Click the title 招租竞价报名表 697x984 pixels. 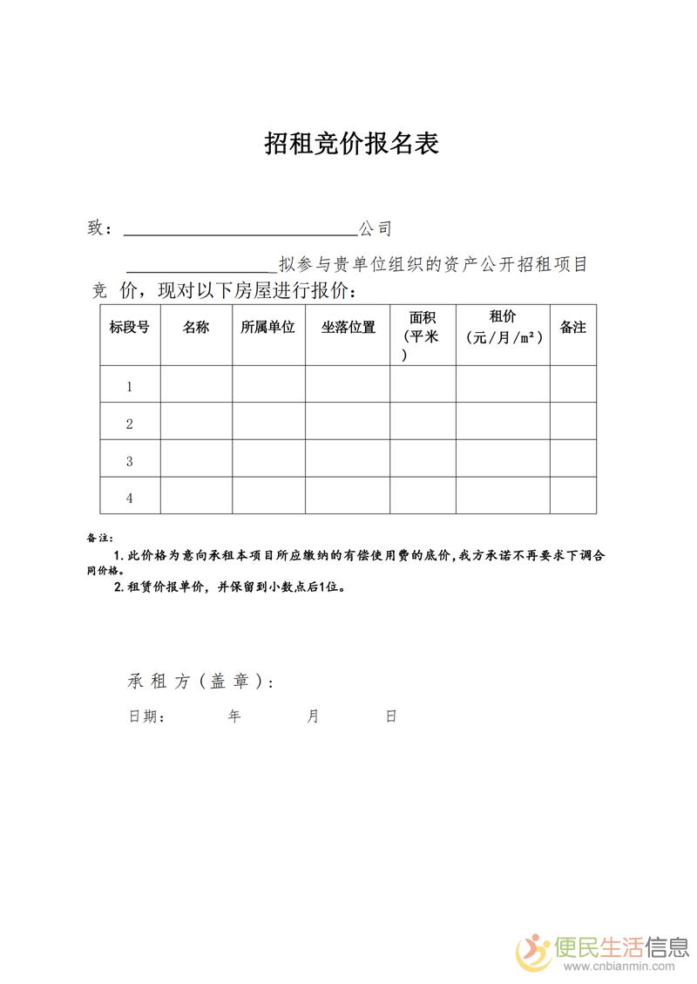(x=351, y=144)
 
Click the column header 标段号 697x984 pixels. (x=129, y=328)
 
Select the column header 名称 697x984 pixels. (x=196, y=328)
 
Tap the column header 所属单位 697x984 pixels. (x=268, y=328)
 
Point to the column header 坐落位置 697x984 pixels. (x=348, y=328)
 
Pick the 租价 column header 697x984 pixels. (x=503, y=317)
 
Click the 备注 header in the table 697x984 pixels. (x=572, y=328)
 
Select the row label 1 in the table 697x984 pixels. (x=130, y=386)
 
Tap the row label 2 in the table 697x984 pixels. (x=130, y=424)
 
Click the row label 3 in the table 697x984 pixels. (x=130, y=461)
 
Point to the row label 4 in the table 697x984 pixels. (x=130, y=499)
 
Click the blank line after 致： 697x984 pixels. (x=240, y=230)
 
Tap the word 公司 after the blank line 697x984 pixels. (x=376, y=229)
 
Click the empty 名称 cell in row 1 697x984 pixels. (x=196, y=384)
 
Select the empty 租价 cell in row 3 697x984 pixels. (x=503, y=458)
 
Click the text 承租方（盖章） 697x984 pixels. (x=200, y=682)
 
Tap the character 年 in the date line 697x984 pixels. (x=234, y=716)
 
